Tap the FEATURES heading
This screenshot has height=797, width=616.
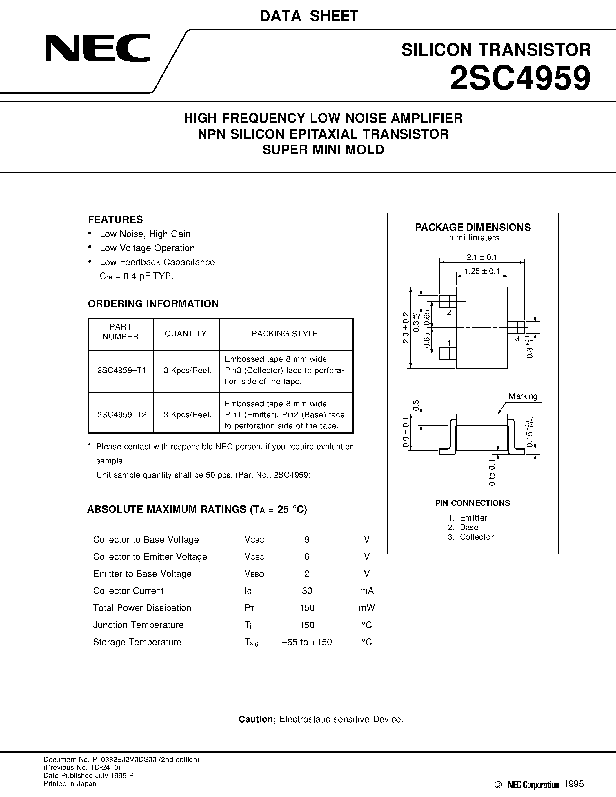115,219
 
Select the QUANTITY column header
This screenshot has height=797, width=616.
186,334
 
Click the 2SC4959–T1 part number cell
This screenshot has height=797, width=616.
122,370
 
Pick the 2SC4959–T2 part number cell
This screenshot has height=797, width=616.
122,414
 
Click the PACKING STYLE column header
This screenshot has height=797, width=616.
285,334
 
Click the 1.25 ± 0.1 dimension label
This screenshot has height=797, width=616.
482,272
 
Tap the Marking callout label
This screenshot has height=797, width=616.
523,396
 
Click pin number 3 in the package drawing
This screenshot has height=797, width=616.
517,338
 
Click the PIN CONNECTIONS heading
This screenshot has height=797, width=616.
473,503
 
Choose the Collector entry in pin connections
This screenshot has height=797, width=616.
476,537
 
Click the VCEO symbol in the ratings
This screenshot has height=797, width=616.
254,556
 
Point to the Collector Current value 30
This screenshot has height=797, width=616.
307,591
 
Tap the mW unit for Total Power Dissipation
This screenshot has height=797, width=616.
367,608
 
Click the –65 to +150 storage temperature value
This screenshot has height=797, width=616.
307,642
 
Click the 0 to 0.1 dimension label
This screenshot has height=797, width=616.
492,473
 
